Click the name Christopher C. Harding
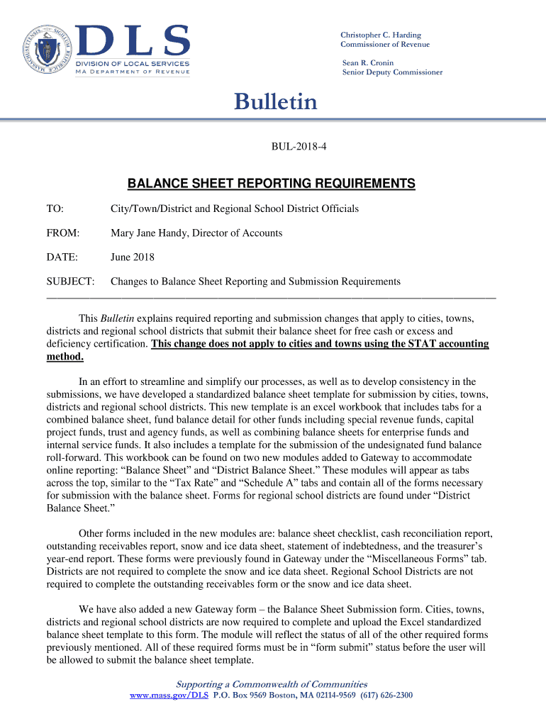click(380, 35)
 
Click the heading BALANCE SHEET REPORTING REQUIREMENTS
click(271, 184)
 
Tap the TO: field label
click(55, 208)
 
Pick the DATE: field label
click(62, 257)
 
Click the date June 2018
click(133, 257)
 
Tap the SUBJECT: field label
click(71, 281)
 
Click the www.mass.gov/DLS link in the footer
click(169, 696)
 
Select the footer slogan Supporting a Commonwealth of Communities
click(272, 684)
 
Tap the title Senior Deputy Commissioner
click(392, 72)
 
